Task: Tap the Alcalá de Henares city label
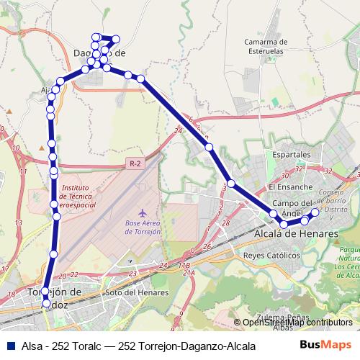pyautogui.click(x=296, y=234)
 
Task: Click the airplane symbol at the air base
pyautogui.click(x=142, y=214)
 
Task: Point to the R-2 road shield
pyautogui.click(x=135, y=164)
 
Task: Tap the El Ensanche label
pyautogui.click(x=289, y=186)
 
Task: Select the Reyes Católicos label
pyautogui.click(x=271, y=256)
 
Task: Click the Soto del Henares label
pyautogui.click(x=137, y=293)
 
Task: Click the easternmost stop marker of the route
pyautogui.click(x=315, y=213)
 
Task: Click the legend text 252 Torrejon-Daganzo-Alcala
pyautogui.click(x=186, y=346)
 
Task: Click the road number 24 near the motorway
pyautogui.click(x=178, y=131)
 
